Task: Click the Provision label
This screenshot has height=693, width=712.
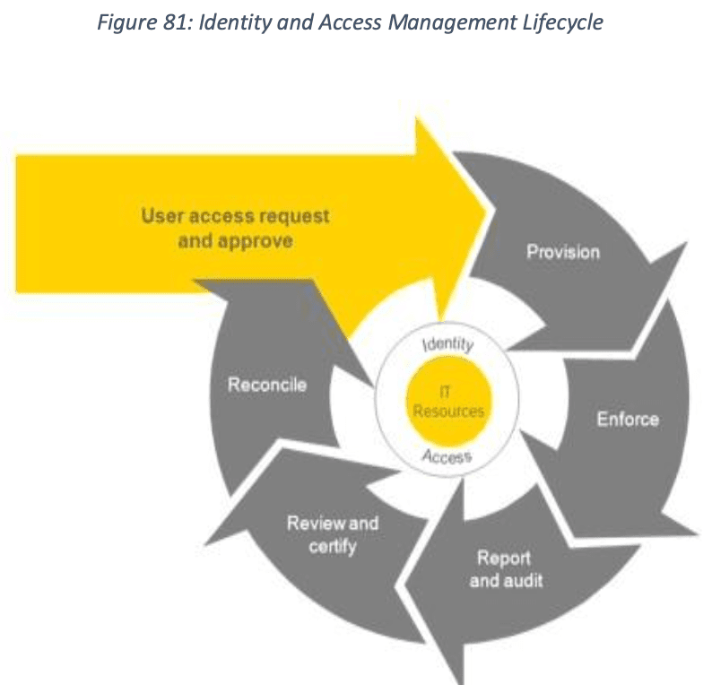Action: click(563, 252)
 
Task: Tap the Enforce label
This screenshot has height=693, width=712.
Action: click(628, 419)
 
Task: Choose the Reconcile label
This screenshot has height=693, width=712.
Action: click(267, 385)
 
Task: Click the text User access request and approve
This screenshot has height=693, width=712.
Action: click(235, 228)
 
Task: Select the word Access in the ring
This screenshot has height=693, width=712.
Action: click(446, 457)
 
